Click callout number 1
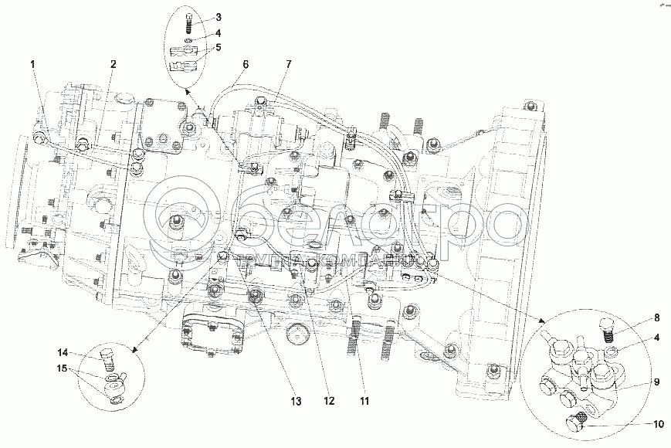pyautogui.click(x=33, y=65)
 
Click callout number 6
pyautogui.click(x=246, y=65)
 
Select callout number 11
pyautogui.click(x=364, y=401)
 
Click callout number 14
pyautogui.click(x=64, y=352)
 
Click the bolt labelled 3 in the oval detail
pyautogui.click(x=189, y=19)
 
